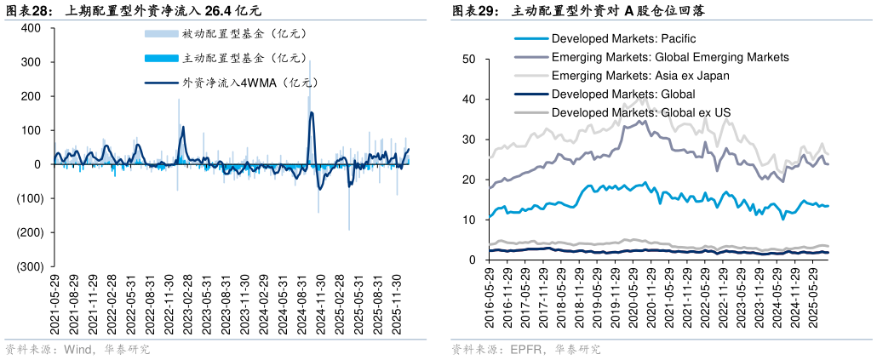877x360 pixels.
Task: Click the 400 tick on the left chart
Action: click(32, 28)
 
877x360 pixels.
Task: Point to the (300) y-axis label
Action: click(29, 266)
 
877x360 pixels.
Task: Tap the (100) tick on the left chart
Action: click(29, 198)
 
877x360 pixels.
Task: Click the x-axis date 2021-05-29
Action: click(55, 305)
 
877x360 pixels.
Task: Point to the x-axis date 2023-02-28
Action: click(188, 305)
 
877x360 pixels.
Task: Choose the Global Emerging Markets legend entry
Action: click(669, 57)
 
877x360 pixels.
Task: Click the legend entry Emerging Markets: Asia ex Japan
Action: click(652, 75)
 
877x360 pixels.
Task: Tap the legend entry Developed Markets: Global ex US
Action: click(640, 111)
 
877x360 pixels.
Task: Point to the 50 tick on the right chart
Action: click(467, 59)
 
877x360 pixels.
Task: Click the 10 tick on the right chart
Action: click(467, 220)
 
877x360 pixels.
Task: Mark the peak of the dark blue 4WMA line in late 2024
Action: click(311, 112)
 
